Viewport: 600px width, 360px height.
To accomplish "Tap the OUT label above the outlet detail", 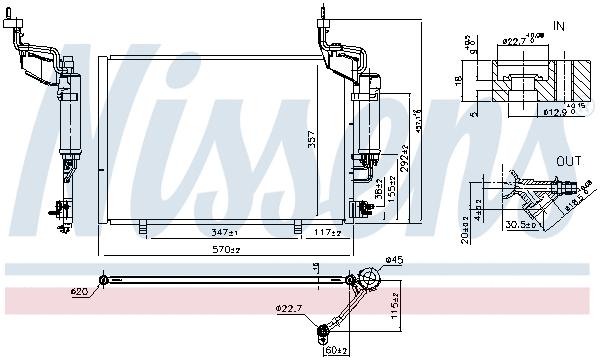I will (570, 161).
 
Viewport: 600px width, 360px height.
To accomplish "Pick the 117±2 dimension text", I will (324, 232).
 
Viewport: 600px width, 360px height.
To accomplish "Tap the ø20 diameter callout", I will (79, 292).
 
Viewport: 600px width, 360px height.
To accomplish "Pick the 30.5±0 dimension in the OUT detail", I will (520, 224).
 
